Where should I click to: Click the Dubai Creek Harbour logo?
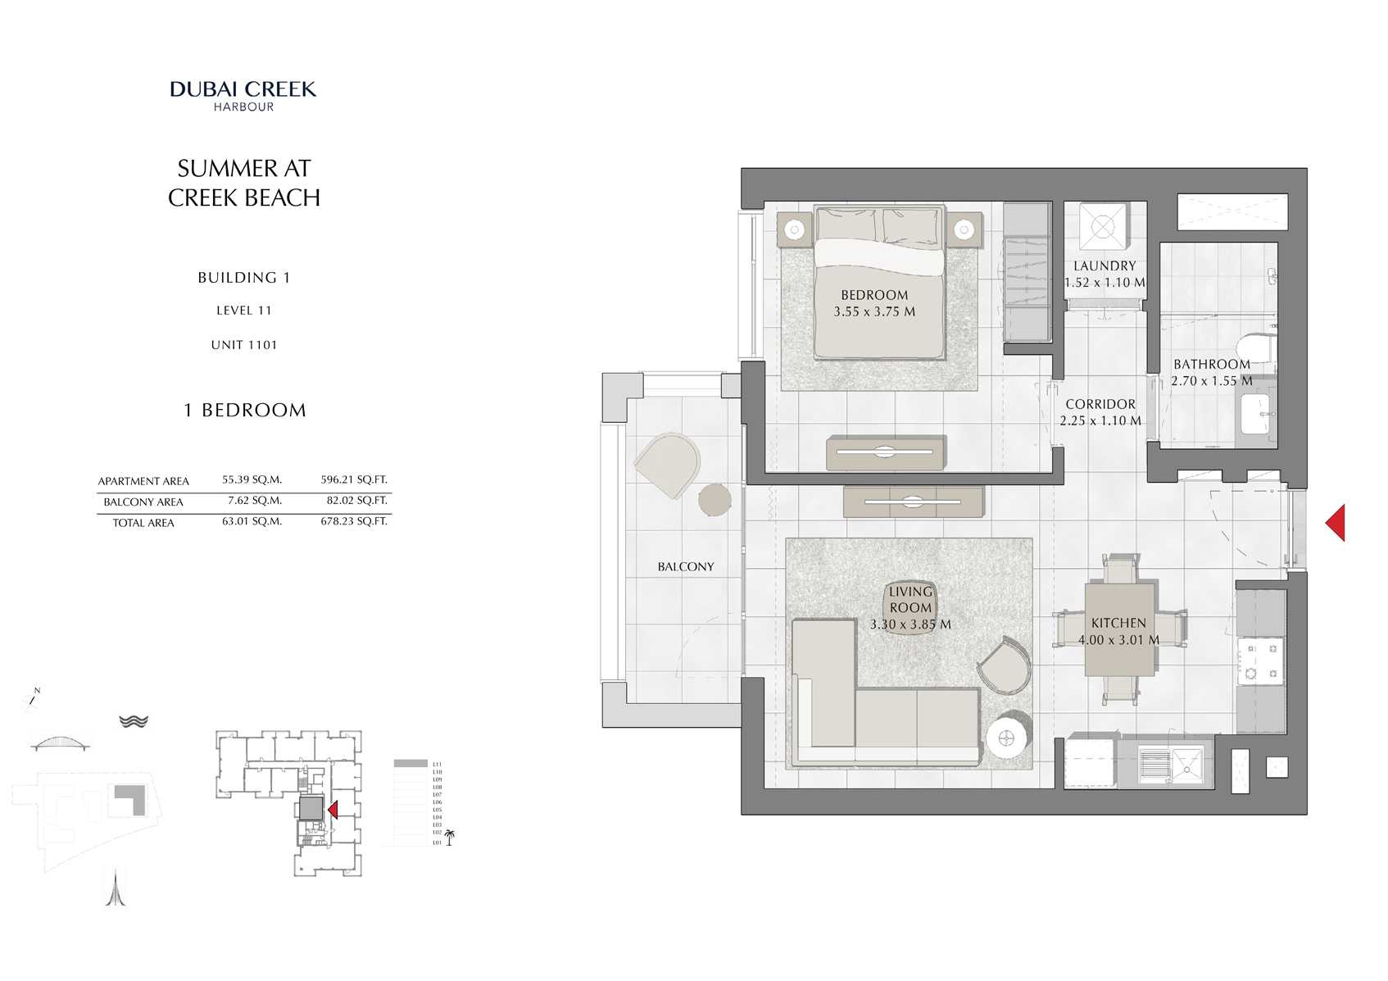click(x=243, y=95)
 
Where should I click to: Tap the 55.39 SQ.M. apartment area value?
click(x=252, y=480)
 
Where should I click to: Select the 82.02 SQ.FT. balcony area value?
click(x=356, y=501)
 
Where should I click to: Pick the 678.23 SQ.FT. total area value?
click(x=353, y=521)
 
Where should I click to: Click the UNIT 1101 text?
click(x=244, y=345)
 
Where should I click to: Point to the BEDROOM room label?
click(x=874, y=295)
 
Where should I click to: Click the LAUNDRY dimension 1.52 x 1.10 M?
click(x=1105, y=283)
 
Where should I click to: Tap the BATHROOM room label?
click(x=1211, y=365)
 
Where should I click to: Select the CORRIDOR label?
click(x=1100, y=405)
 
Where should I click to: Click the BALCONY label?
click(x=686, y=567)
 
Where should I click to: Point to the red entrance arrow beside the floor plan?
click(x=1336, y=523)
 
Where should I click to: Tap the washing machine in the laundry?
click(x=1103, y=226)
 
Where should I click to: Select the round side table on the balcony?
click(x=714, y=500)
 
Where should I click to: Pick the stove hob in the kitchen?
click(x=1260, y=661)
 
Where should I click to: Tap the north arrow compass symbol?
click(x=34, y=697)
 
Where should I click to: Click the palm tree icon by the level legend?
click(x=449, y=838)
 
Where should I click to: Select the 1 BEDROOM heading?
click(x=244, y=411)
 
